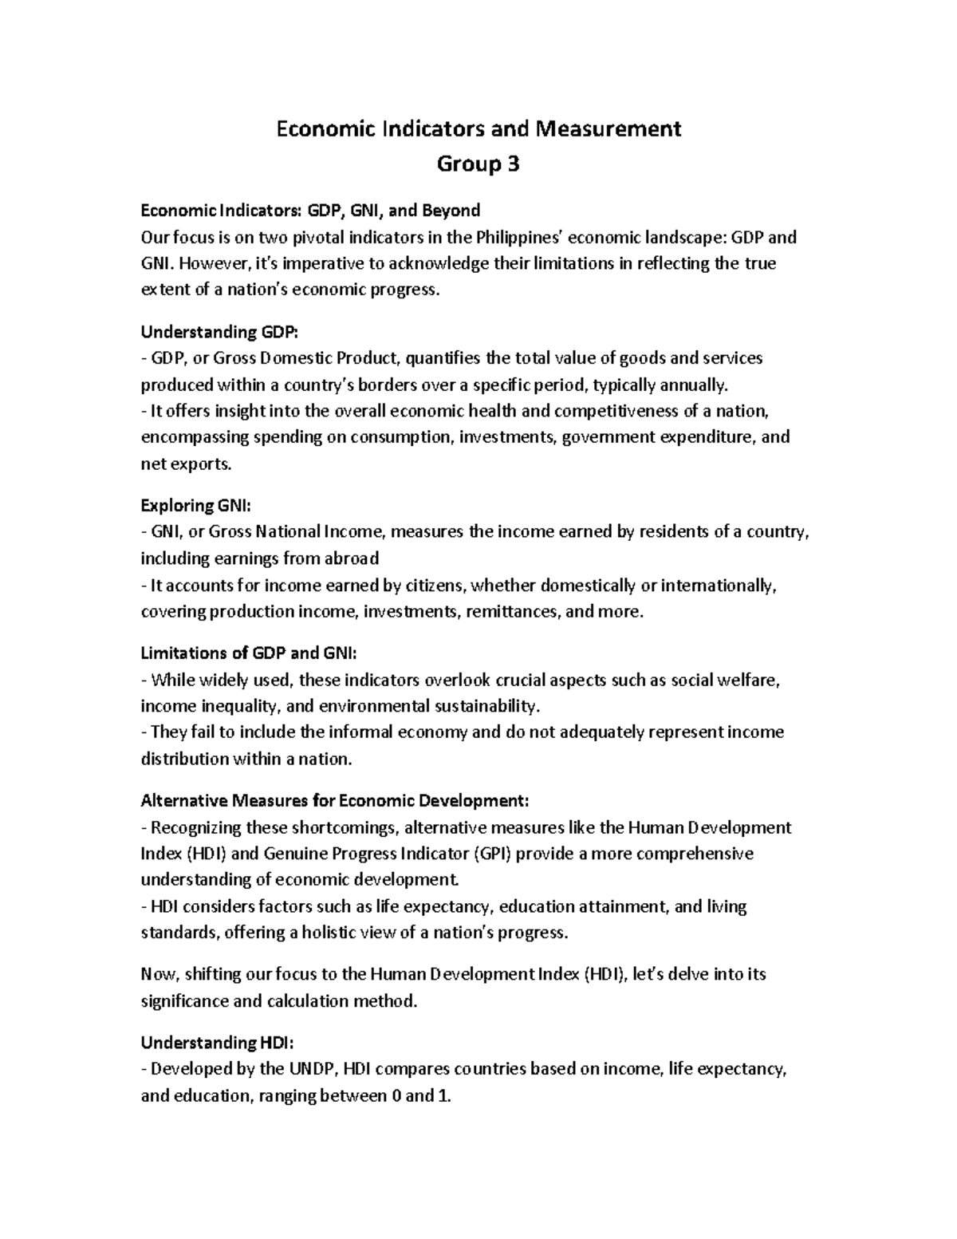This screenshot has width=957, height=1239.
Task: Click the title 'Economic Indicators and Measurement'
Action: coord(478,128)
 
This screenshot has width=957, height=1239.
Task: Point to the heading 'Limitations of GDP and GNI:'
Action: coord(249,653)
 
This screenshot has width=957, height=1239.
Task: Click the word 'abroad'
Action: coord(352,558)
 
